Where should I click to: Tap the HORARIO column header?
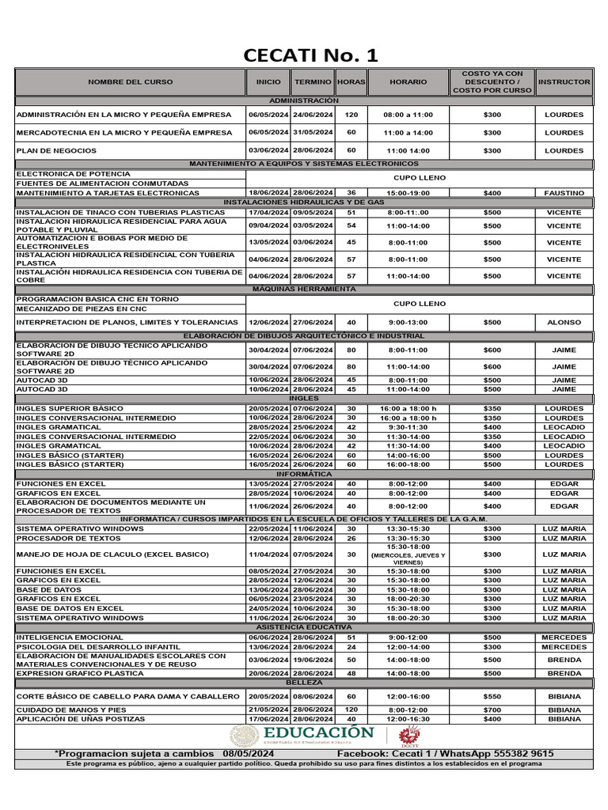tap(408, 82)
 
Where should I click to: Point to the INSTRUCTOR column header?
tap(564, 82)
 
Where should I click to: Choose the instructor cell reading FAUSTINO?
tap(564, 193)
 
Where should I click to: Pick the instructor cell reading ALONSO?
tap(564, 323)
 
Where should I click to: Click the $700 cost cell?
tap(492, 710)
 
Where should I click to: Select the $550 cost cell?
tap(492, 696)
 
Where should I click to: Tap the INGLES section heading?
tap(303, 399)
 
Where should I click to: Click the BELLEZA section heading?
tap(303, 682)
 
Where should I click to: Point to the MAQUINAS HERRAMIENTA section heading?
tap(303, 290)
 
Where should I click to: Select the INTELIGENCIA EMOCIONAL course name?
tap(70, 638)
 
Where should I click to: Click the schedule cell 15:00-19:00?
tap(408, 193)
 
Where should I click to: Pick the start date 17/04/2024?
tap(268, 213)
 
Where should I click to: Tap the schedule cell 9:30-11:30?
tap(408, 427)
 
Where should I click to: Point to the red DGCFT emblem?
tap(410, 736)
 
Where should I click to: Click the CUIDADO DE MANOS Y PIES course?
tap(71, 710)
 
